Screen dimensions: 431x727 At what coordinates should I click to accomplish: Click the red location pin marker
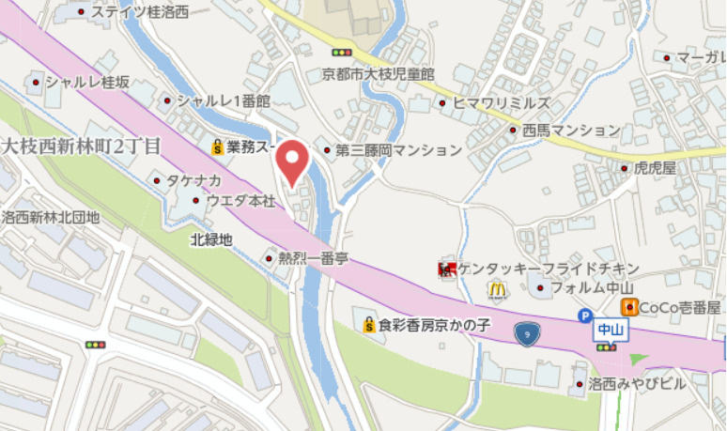click(293, 162)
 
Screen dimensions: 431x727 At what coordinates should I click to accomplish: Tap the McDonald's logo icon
click(497, 290)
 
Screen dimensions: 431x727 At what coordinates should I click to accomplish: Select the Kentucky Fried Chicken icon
click(446, 270)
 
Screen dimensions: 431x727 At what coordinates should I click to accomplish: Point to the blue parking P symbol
click(585, 317)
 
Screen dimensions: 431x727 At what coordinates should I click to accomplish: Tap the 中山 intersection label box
click(610, 329)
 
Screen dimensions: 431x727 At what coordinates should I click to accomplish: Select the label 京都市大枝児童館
click(378, 72)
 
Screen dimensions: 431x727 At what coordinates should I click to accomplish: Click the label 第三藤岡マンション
click(398, 150)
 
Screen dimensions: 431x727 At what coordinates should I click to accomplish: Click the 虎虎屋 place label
click(656, 168)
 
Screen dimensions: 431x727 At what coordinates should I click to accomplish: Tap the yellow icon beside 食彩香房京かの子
click(369, 326)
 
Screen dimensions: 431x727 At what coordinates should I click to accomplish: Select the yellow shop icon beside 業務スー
click(217, 146)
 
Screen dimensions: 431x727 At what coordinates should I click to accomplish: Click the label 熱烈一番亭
click(315, 258)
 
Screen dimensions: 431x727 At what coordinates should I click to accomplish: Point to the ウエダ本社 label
click(240, 200)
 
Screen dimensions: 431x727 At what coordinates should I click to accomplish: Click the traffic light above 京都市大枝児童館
click(342, 53)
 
